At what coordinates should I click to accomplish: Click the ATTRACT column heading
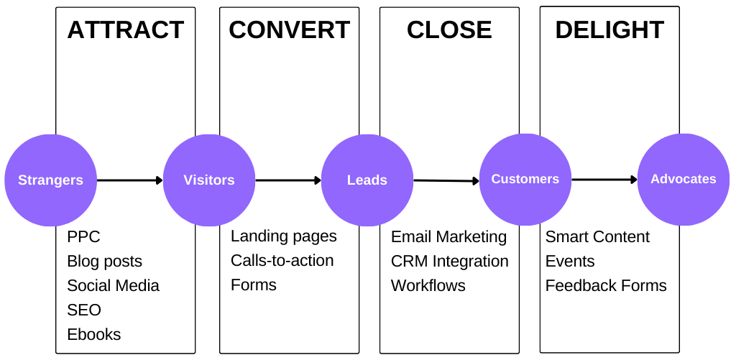tap(126, 30)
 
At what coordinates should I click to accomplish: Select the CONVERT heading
tap(289, 30)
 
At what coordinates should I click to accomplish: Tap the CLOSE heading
tap(449, 30)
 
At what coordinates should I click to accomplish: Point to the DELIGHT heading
tap(609, 30)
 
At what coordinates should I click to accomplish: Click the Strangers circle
tap(50, 180)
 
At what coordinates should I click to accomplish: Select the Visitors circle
tap(209, 180)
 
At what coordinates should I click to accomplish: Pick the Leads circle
tap(367, 180)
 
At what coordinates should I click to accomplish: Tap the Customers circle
tap(525, 179)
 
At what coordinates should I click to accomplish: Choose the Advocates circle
tap(684, 179)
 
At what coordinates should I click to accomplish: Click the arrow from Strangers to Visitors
tap(130, 180)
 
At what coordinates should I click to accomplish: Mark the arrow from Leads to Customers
tap(446, 181)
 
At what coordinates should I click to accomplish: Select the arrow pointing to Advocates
tap(604, 180)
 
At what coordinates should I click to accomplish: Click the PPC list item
tap(83, 237)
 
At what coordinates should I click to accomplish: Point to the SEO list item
tap(84, 310)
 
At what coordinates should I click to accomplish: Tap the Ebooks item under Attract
tap(94, 335)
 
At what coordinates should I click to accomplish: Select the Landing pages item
tap(283, 236)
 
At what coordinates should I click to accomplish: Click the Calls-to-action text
tap(282, 261)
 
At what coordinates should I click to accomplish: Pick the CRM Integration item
tap(449, 262)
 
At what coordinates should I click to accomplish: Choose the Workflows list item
tap(428, 286)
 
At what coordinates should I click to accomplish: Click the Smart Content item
tap(597, 237)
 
